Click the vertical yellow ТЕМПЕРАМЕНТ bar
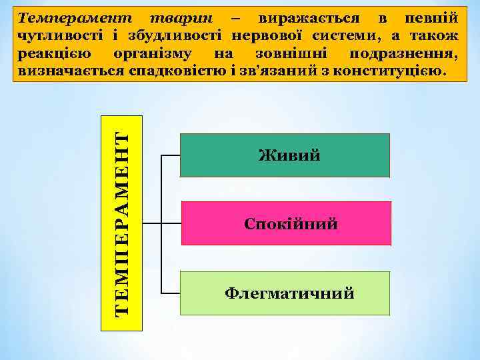tap(121, 223)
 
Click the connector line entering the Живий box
tap(171, 155)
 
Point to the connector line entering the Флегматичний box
tap(171, 293)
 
